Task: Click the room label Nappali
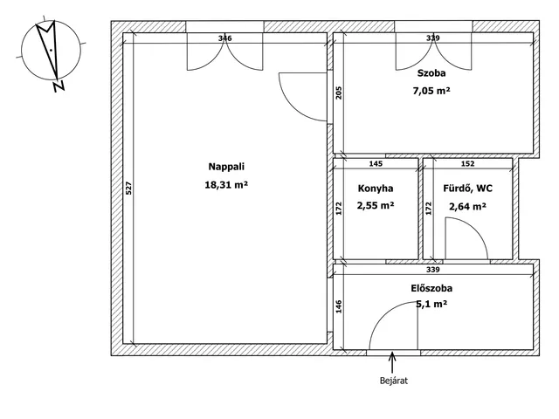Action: [x=226, y=167]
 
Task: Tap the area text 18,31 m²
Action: [x=226, y=185]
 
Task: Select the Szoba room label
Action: [x=431, y=73]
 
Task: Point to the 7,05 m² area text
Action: [x=431, y=91]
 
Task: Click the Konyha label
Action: [x=376, y=189]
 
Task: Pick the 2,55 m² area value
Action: [x=376, y=206]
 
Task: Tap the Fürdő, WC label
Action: [x=468, y=189]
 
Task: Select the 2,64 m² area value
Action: [x=468, y=207]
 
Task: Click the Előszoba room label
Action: [x=431, y=288]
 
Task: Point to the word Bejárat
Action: [x=394, y=381]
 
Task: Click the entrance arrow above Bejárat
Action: [x=392, y=362]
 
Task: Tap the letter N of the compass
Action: [x=59, y=86]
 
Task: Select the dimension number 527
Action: [x=128, y=189]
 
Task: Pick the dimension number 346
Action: [x=225, y=38]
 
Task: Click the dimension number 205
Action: [x=339, y=93]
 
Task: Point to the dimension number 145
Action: [x=376, y=163]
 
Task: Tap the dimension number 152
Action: [x=468, y=163]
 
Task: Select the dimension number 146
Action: [x=339, y=306]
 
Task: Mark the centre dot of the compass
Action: [x=51, y=51]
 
